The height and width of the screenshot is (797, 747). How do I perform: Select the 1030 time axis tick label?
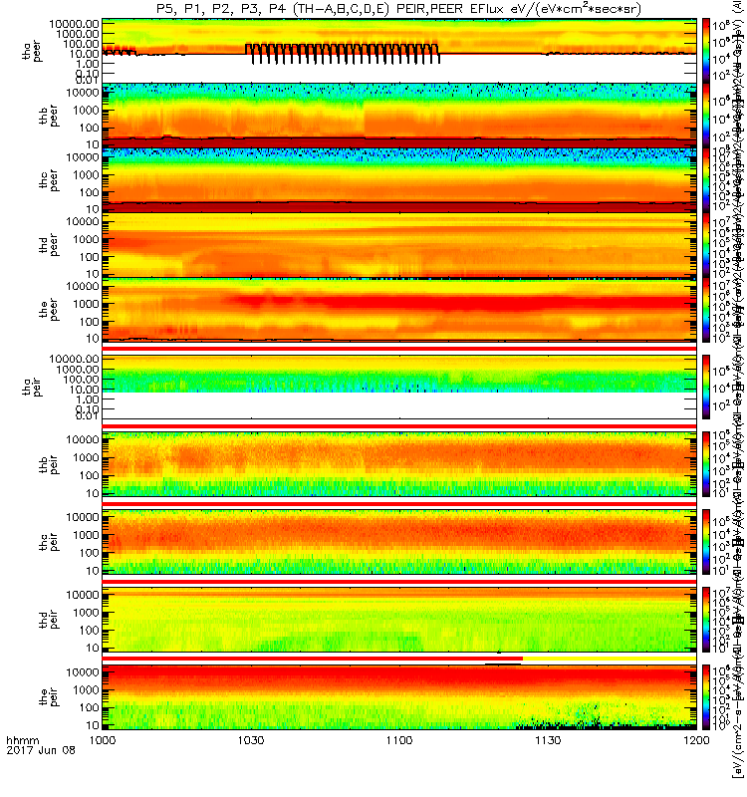pos(251,769)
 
